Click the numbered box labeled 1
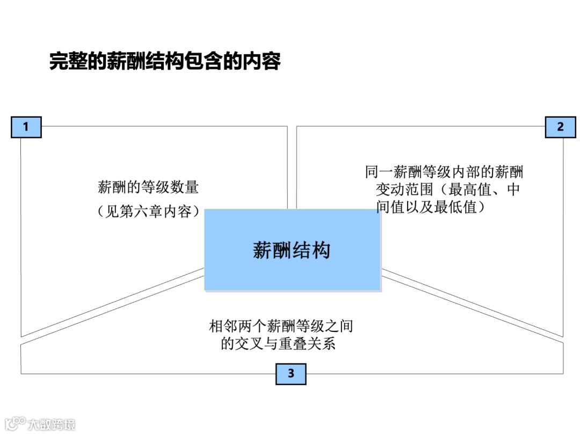(x=26, y=127)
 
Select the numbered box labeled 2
(x=560, y=127)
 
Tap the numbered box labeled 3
(x=291, y=373)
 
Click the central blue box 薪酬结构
(x=292, y=250)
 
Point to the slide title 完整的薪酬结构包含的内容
(x=165, y=61)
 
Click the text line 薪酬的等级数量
(x=148, y=187)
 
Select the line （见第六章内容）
(x=148, y=212)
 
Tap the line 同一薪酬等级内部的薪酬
(x=444, y=172)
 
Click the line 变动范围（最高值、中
(x=447, y=190)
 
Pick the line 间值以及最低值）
(x=431, y=207)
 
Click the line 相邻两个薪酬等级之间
(x=281, y=326)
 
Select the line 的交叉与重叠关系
(x=278, y=344)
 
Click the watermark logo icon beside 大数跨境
(x=14, y=423)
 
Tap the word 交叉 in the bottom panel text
(x=248, y=344)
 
